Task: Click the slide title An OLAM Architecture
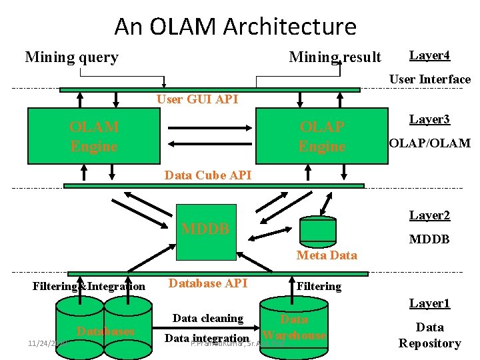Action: [x=235, y=27]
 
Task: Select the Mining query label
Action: [x=71, y=57]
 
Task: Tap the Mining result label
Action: [x=335, y=57]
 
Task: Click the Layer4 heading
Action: [x=429, y=55]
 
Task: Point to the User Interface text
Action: [x=429, y=79]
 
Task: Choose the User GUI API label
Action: [x=197, y=99]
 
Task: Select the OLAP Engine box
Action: [x=322, y=136]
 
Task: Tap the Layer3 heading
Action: [x=429, y=119]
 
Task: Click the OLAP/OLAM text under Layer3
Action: [x=429, y=143]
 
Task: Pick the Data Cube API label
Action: [x=208, y=175]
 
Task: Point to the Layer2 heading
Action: [x=429, y=215]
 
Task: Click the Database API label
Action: [x=207, y=283]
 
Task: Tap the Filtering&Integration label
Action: [x=89, y=287]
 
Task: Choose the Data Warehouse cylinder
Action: [x=294, y=327]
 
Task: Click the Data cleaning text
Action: [x=207, y=318]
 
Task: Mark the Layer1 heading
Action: [x=429, y=303]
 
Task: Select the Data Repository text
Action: [x=429, y=335]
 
